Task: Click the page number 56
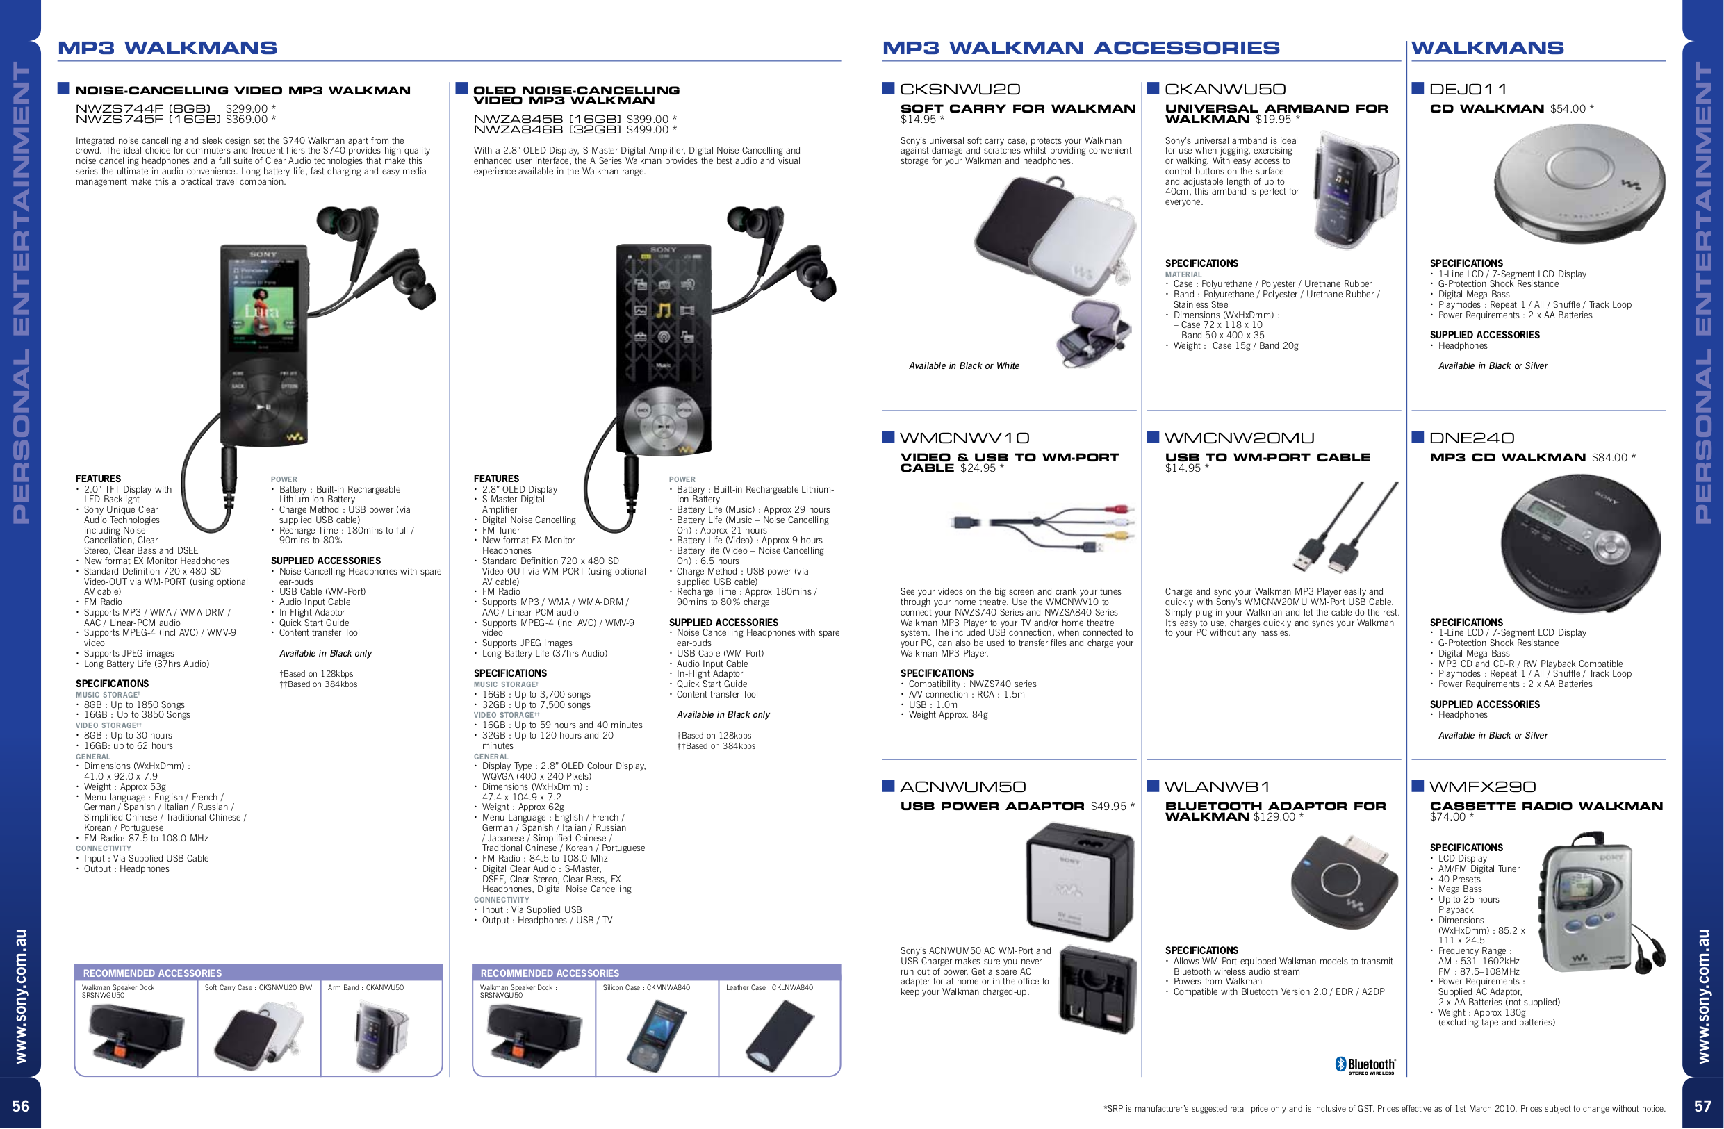coord(20,1106)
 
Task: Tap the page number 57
coord(1702,1106)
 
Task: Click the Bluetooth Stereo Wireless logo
coord(1365,1065)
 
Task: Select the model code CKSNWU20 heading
coord(960,89)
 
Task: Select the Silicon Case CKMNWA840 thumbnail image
coord(655,1036)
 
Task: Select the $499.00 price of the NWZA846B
coord(651,130)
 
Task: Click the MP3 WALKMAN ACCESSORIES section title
coord(1080,48)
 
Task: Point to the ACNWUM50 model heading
coord(962,787)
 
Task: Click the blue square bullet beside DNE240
coord(1418,437)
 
